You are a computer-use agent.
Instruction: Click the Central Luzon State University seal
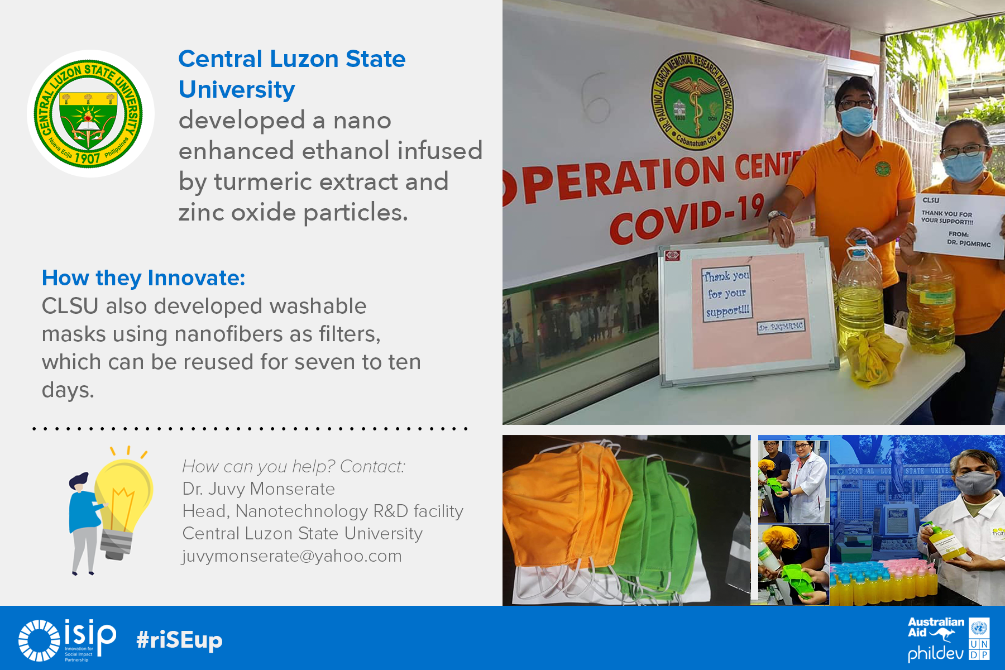pyautogui.click(x=90, y=114)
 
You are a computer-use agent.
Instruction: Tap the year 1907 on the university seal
pyautogui.click(x=87, y=158)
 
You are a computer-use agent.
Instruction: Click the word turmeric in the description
pyautogui.click(x=262, y=181)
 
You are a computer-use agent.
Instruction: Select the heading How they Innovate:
pyautogui.click(x=143, y=277)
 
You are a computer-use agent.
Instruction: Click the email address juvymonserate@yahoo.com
pyautogui.click(x=291, y=556)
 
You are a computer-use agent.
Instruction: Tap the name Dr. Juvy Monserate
pyautogui.click(x=258, y=489)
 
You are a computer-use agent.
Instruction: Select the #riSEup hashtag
pyautogui.click(x=179, y=640)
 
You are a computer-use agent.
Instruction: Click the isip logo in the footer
pyautogui.click(x=67, y=640)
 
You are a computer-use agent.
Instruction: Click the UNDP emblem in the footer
pyautogui.click(x=979, y=639)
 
